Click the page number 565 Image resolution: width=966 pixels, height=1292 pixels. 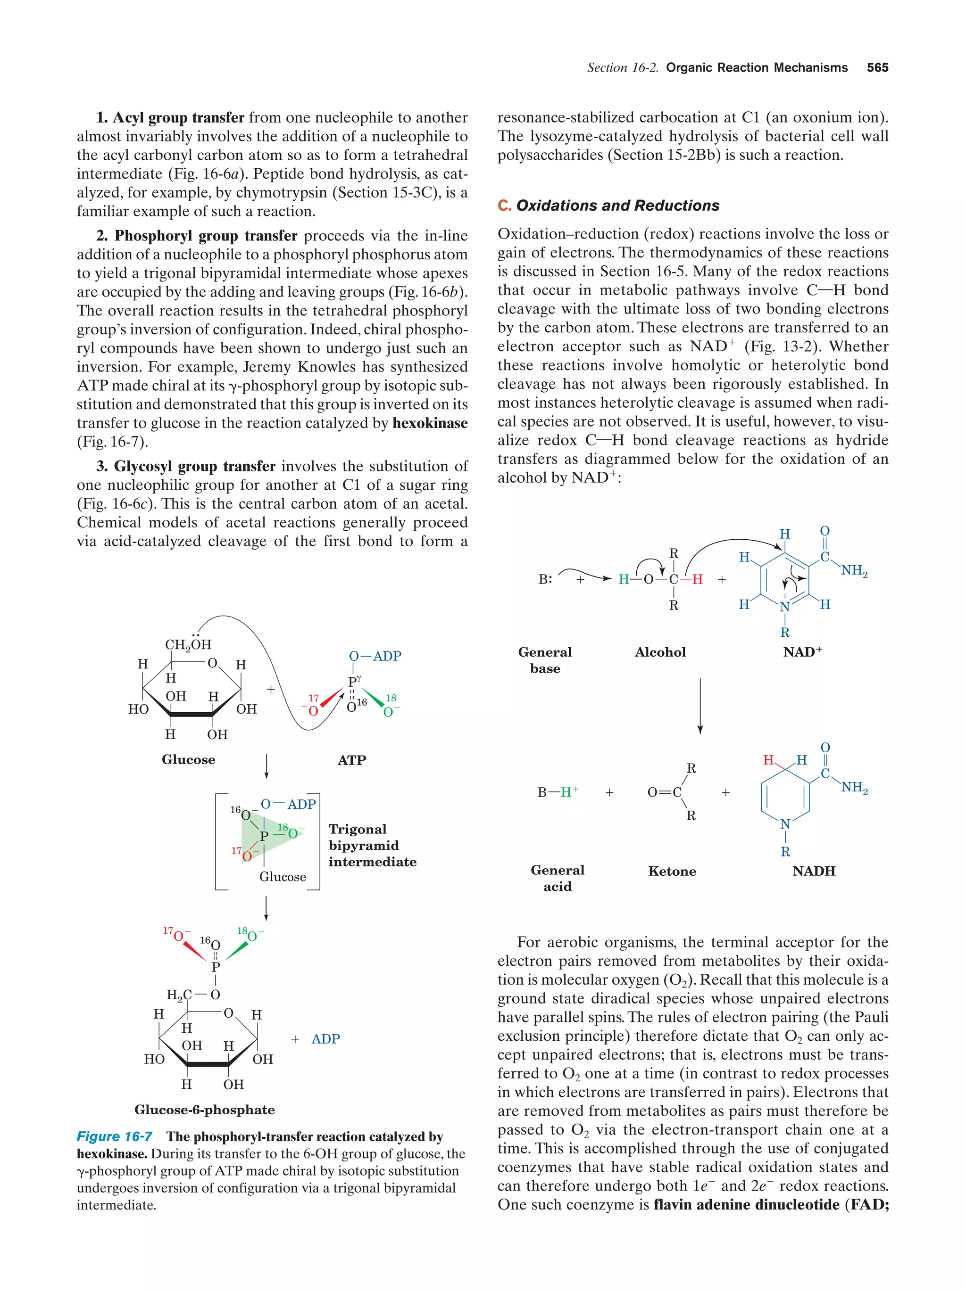coord(877,68)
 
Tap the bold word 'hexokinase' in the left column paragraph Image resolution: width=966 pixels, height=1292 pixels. coord(430,423)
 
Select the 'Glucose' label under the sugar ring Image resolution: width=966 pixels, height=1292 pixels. coord(188,759)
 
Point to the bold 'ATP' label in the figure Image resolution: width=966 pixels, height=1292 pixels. coord(351,760)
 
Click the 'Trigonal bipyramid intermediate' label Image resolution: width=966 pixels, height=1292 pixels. coord(372,845)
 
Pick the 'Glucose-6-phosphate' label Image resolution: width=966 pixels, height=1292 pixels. coord(205,1110)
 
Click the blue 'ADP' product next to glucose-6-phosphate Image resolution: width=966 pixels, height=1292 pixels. coord(325,1039)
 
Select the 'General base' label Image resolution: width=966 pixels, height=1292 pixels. coord(545,660)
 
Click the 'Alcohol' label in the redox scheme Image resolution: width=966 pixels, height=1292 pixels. coord(660,652)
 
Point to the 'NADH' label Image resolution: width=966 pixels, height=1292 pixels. coord(814,871)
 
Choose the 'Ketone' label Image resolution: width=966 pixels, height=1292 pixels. coord(672,872)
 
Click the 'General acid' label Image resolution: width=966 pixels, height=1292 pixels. coord(557,878)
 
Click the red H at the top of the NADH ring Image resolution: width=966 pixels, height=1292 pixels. coord(768,760)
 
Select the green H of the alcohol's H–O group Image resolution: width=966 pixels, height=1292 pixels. coord(624,579)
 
